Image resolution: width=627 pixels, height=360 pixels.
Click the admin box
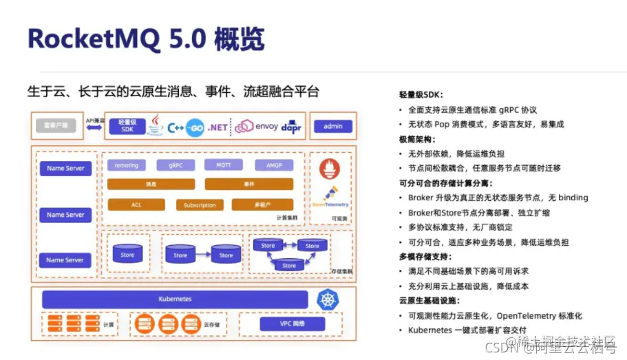pos(332,127)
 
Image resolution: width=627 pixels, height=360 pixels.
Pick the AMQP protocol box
pos(269,165)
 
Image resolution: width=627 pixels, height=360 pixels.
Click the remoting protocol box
pos(126,165)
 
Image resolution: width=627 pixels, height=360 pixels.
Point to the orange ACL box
pos(136,204)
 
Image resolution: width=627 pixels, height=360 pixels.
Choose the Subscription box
pos(200,205)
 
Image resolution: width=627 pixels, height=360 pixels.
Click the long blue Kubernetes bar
pos(175,299)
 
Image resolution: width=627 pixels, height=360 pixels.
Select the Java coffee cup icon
pos(156,126)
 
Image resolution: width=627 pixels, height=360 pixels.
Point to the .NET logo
pos(217,127)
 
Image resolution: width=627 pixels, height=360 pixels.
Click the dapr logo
pos(291,127)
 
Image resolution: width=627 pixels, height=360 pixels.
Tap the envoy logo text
pos(266,127)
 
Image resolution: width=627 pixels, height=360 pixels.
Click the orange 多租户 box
pos(262,204)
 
